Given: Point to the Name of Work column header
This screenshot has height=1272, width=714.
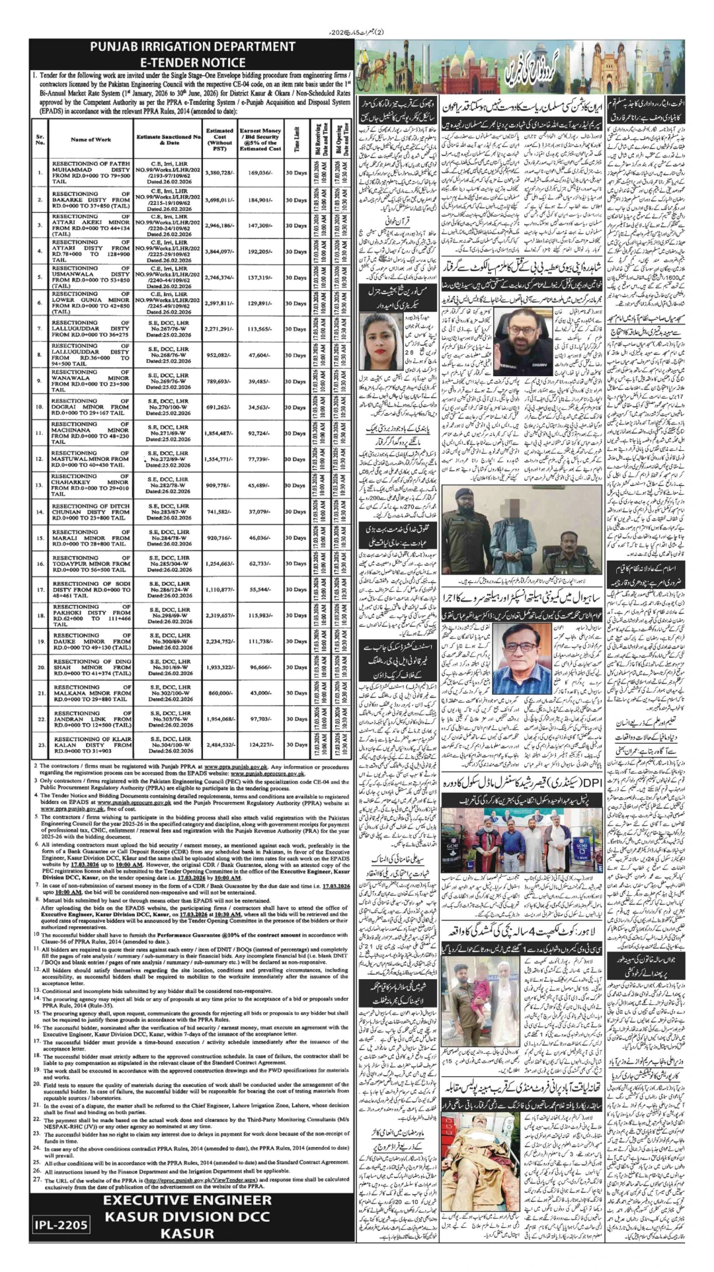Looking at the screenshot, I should coord(91,139).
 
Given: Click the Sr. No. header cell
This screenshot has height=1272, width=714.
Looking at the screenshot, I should coord(40,139).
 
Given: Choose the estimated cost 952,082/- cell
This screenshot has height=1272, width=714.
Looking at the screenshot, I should coord(219,354).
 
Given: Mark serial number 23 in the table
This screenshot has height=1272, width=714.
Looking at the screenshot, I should coord(40,744).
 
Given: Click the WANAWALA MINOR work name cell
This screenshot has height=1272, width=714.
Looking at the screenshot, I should coord(91,381).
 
